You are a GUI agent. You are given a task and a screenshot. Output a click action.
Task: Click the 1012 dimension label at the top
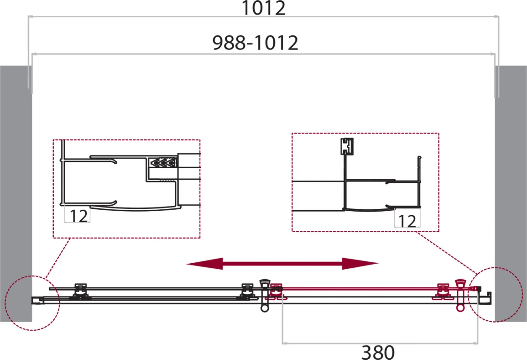263,8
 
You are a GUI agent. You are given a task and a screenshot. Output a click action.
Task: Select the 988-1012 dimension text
255,43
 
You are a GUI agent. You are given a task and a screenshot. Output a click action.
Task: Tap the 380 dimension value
378,352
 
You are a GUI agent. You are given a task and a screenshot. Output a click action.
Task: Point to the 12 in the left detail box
79,216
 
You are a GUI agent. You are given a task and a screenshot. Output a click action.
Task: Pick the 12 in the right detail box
407,221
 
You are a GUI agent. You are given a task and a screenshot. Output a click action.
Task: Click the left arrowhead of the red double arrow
204,264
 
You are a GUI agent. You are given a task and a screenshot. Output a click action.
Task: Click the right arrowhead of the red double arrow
360,263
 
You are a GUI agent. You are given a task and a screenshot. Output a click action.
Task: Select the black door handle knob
265,296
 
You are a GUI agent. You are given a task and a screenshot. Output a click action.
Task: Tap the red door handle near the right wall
460,295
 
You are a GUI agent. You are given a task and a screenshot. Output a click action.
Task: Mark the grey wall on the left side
16,194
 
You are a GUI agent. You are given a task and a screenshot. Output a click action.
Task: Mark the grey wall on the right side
511,194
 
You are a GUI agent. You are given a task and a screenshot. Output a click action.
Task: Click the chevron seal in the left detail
163,162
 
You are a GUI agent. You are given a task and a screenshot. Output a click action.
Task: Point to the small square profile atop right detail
347,146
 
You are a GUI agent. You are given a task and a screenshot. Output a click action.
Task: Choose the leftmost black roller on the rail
81,292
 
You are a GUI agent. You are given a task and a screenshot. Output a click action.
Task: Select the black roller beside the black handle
247,292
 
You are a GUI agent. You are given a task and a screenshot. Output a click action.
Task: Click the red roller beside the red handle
443,292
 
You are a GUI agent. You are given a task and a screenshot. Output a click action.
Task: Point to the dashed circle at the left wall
32,303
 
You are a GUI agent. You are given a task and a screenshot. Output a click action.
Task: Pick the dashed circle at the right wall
495,295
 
